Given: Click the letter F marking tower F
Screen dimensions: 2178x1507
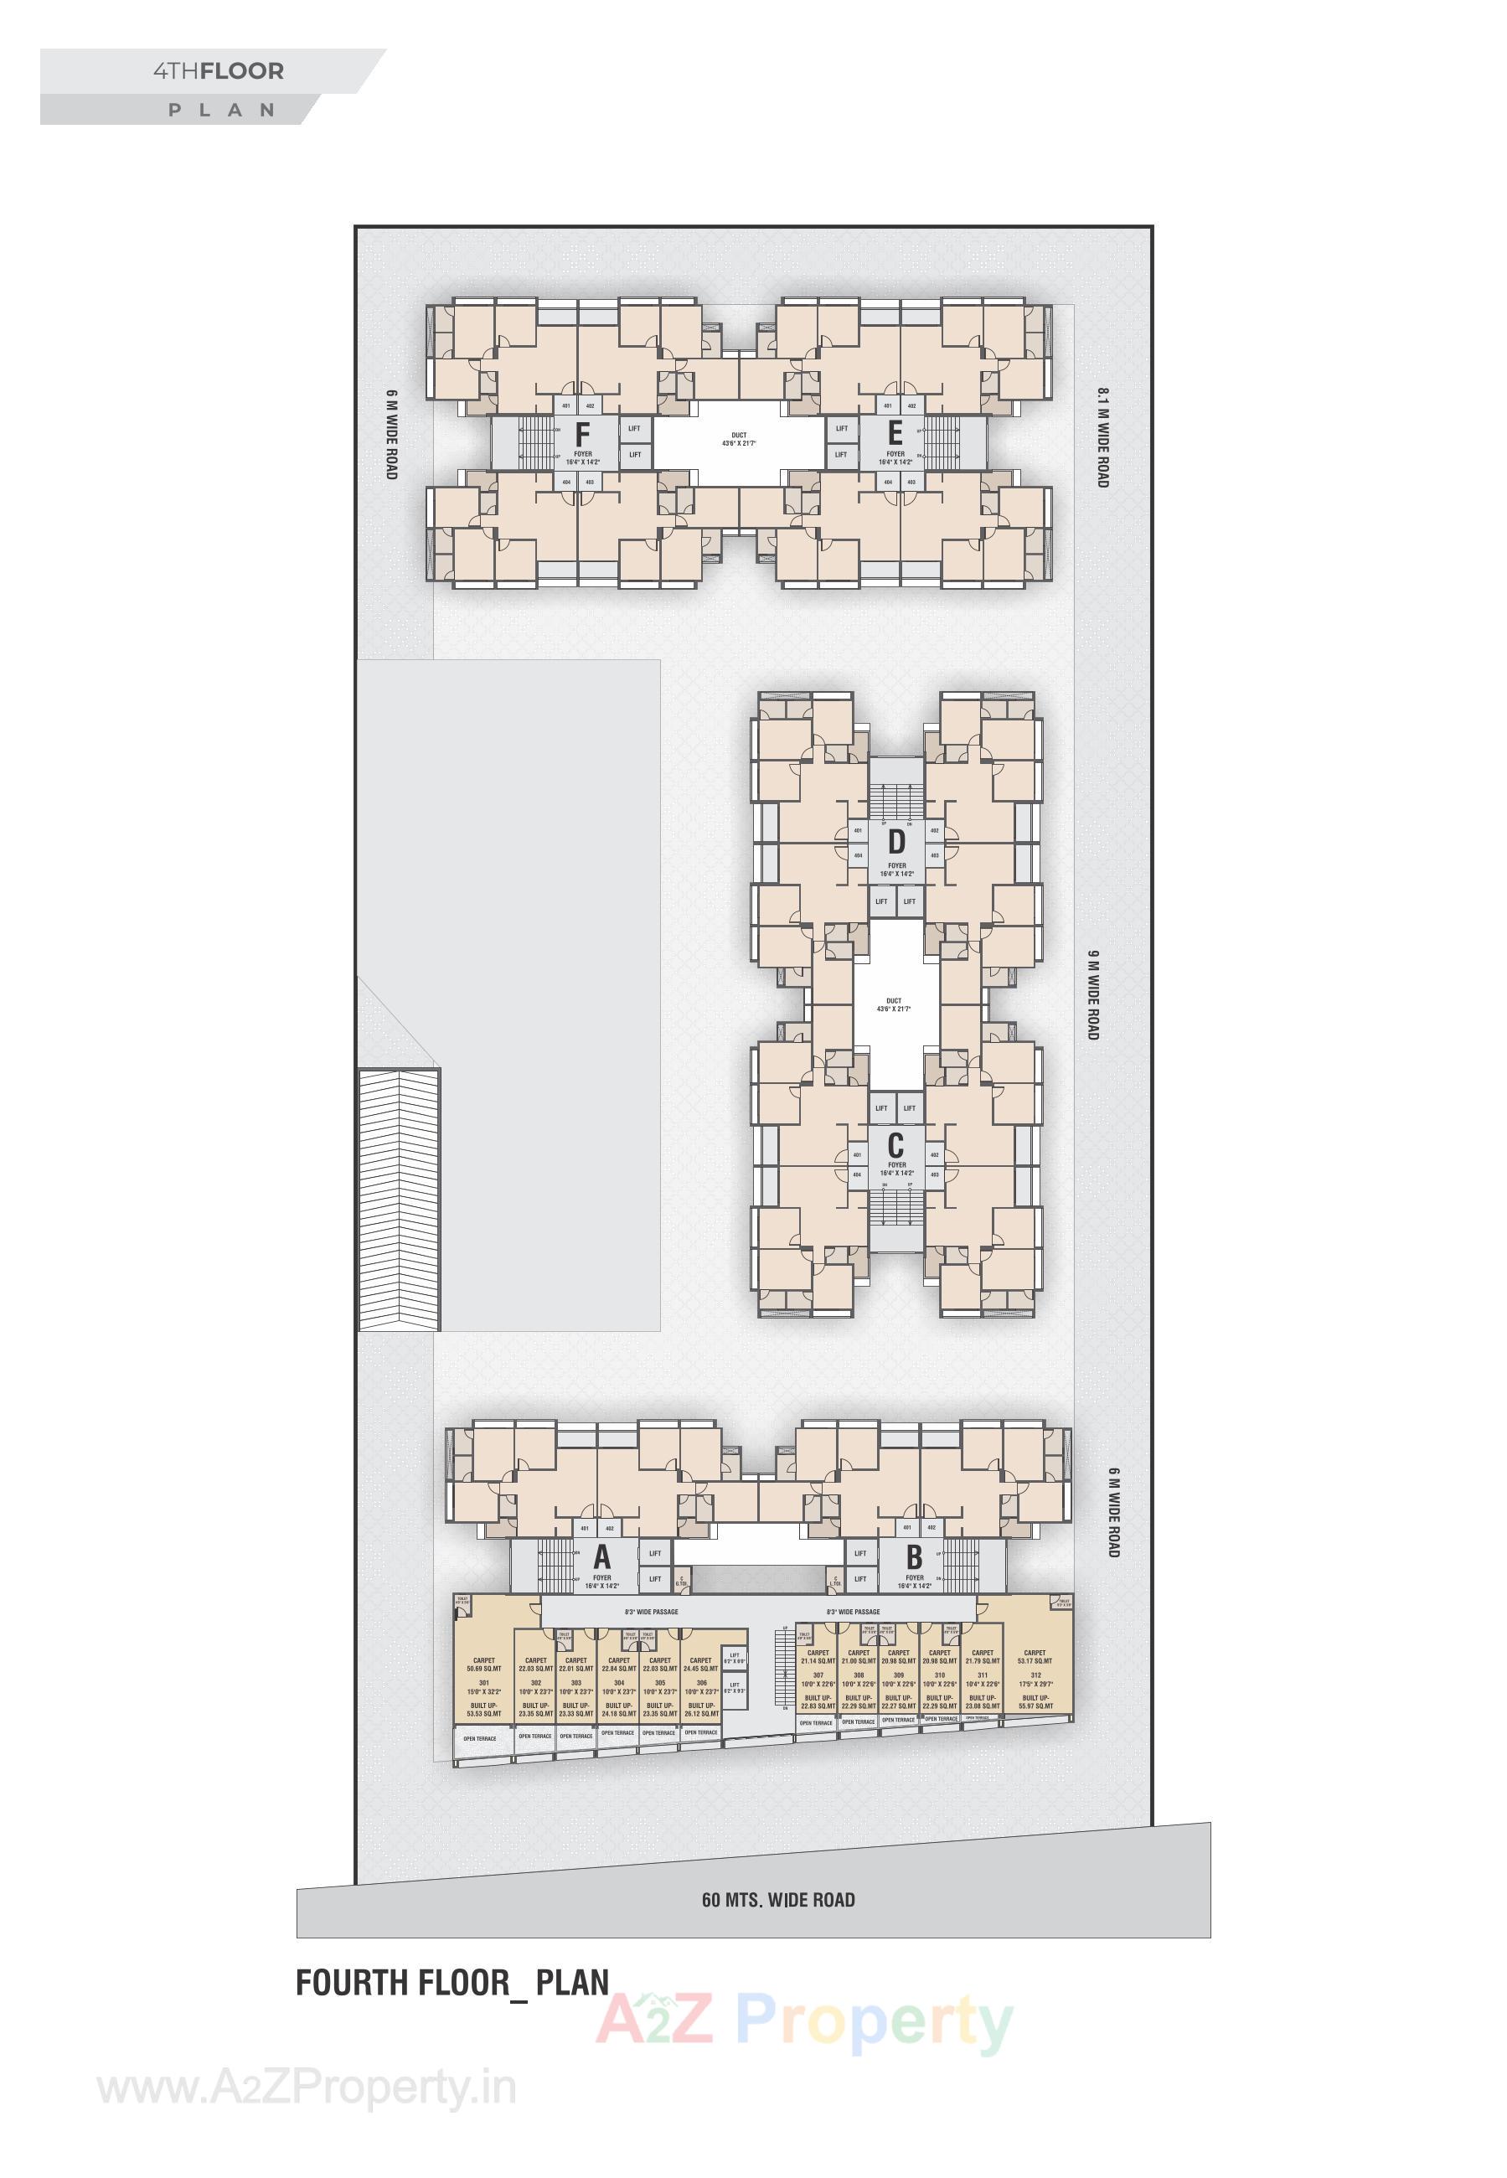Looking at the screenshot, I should [x=582, y=436].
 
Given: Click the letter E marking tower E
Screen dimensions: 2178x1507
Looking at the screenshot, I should [x=895, y=434].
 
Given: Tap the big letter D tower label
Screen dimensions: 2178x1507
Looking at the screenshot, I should [x=896, y=841].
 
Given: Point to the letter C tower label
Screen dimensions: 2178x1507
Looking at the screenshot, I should [x=895, y=1146].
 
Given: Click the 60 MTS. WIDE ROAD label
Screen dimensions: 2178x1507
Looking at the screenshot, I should [x=778, y=1900].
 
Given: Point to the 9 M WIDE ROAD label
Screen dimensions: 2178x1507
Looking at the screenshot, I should [x=1092, y=995].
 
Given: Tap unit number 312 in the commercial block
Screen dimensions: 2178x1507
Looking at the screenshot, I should [x=1036, y=1675].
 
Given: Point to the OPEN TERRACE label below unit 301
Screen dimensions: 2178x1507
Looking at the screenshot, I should [x=480, y=1738].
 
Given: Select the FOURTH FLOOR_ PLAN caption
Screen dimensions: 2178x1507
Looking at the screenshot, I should [x=452, y=1982].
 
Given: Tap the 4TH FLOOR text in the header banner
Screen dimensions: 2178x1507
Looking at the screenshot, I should [x=218, y=72].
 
